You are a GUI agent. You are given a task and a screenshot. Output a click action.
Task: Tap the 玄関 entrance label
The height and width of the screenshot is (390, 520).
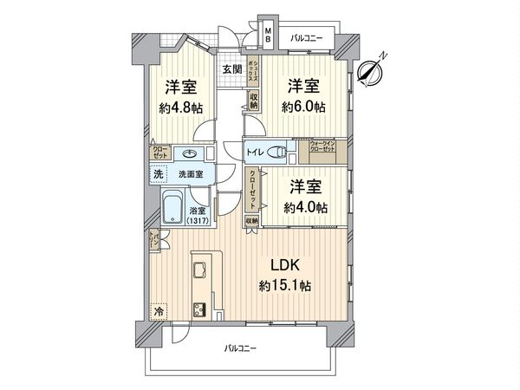[230, 69]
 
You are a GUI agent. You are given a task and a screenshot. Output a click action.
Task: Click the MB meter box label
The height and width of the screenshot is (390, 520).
[268, 36]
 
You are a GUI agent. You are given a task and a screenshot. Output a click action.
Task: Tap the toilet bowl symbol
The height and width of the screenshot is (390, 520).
[278, 153]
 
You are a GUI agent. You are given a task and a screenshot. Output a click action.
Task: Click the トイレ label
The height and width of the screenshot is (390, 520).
[256, 153]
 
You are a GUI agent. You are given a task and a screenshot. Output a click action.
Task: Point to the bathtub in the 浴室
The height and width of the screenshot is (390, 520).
[172, 208]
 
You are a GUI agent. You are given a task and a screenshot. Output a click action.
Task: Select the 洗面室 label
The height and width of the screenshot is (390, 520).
[191, 174]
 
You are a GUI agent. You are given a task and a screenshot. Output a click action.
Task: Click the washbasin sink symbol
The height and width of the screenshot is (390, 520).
[189, 154]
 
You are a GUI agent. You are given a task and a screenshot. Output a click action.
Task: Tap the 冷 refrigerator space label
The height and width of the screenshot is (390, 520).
[158, 309]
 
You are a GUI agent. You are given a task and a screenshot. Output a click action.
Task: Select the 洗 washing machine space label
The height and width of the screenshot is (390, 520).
[158, 174]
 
